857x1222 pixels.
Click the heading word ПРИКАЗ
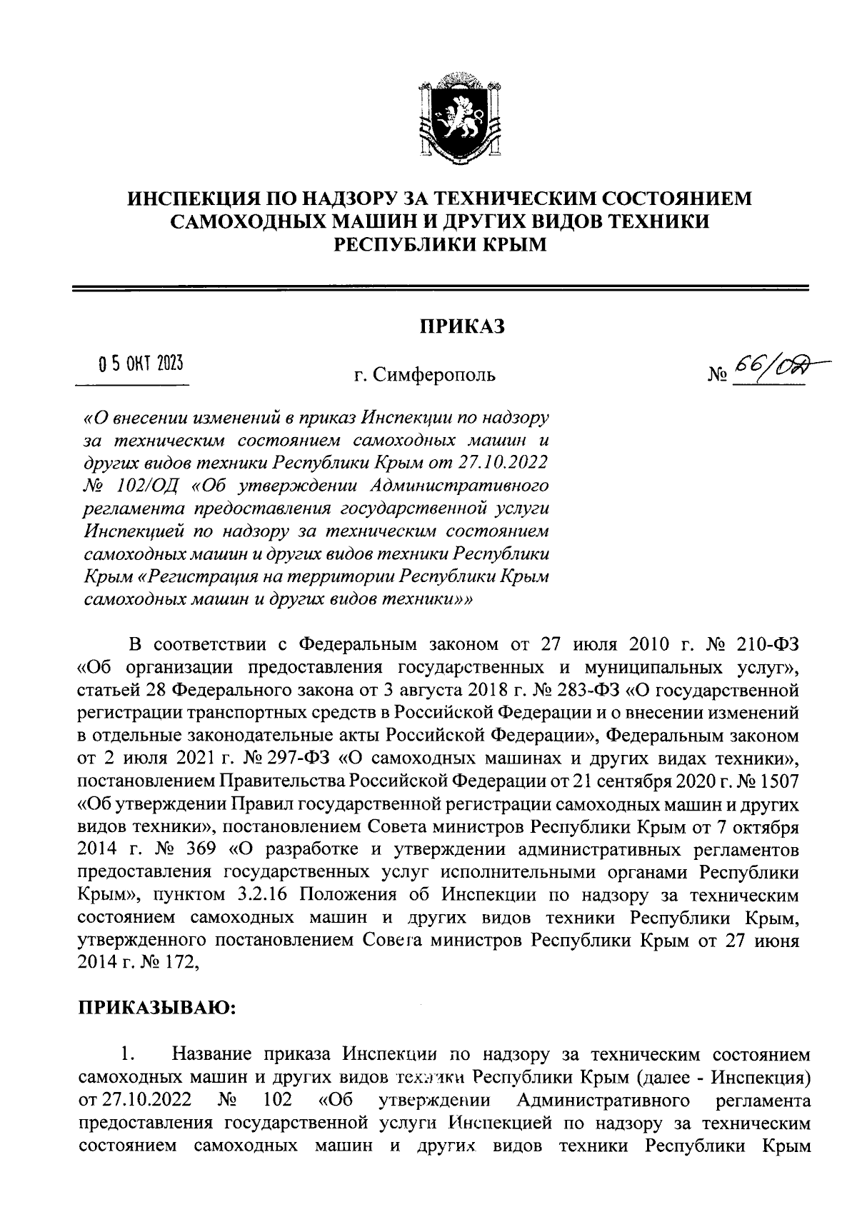(x=461, y=327)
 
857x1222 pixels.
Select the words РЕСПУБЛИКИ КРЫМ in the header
(x=441, y=245)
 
